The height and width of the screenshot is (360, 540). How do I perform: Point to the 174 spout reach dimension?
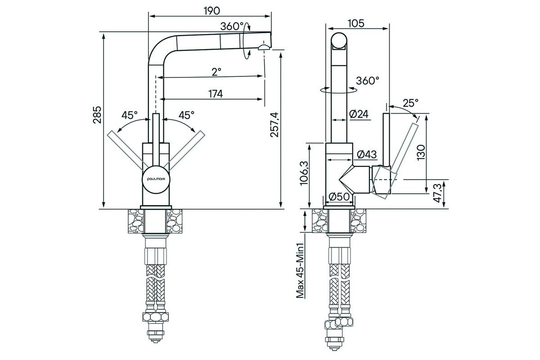click(216, 94)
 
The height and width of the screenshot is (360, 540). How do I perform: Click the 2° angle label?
click(216, 71)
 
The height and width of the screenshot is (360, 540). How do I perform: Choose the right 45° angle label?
click(186, 115)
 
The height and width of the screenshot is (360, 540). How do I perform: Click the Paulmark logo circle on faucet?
click(156, 179)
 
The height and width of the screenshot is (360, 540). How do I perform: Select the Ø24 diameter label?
click(359, 114)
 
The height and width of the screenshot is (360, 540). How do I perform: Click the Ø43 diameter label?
click(366, 154)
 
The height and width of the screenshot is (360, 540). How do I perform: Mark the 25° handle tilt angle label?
click(410, 103)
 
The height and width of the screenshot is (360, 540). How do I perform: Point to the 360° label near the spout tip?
click(232, 26)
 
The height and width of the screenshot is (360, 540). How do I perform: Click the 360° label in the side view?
click(367, 81)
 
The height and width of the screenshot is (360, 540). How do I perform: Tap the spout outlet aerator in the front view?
click(263, 46)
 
